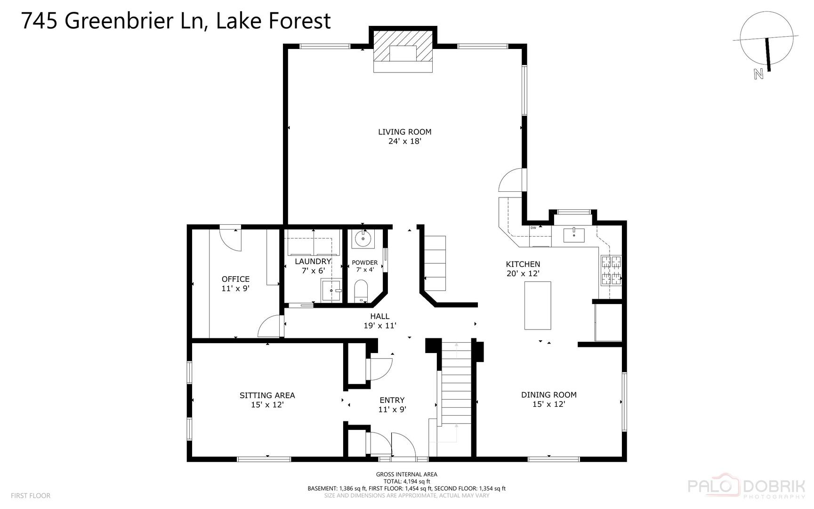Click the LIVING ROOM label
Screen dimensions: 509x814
coord(404,132)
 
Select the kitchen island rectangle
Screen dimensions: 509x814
coord(538,305)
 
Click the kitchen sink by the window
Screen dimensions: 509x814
coord(573,233)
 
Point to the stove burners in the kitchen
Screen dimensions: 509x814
coord(611,271)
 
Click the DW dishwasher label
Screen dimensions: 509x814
coord(533,228)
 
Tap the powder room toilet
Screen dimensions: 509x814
coord(361,291)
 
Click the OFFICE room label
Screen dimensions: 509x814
coord(235,279)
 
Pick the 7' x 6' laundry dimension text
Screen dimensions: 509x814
coord(313,271)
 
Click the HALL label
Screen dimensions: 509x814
coord(379,316)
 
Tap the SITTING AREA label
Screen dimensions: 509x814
coord(267,395)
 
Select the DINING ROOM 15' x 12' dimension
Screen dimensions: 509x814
coord(548,404)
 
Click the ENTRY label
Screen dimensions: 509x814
coord(392,400)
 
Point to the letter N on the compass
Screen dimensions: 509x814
coord(758,74)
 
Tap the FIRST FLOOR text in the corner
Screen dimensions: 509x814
coord(30,495)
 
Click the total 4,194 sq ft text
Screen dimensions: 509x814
coord(406,481)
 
